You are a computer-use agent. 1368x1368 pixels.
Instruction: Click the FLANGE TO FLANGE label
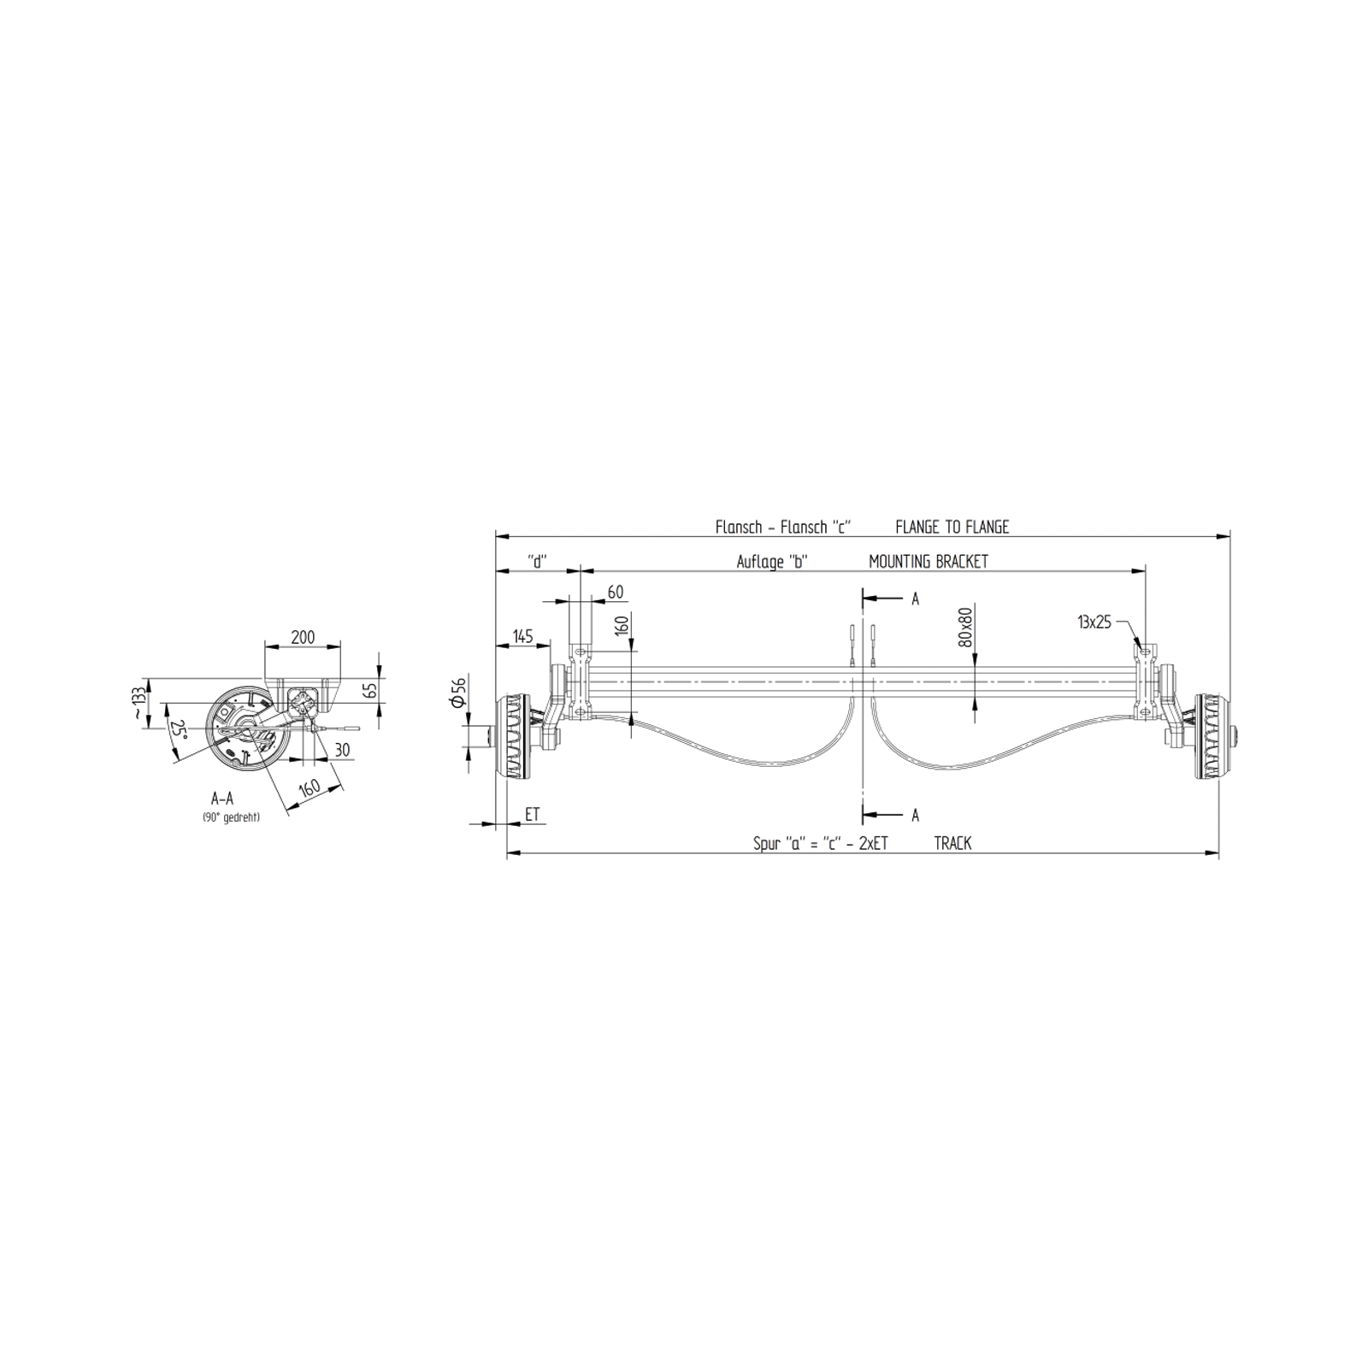[952, 527]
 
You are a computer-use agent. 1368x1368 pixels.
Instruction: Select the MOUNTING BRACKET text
[928, 562]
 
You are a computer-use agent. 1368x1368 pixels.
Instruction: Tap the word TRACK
[952, 843]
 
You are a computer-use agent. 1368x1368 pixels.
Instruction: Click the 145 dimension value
[522, 636]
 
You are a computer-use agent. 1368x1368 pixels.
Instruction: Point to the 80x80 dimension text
[966, 627]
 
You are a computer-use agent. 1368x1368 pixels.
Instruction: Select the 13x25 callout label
[1094, 622]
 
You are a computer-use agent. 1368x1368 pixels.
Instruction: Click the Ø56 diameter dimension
[458, 692]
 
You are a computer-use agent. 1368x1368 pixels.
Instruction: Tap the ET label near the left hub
[533, 814]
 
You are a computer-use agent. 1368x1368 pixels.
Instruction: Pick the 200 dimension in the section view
[303, 637]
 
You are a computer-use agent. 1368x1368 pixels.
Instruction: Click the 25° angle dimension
[179, 728]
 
